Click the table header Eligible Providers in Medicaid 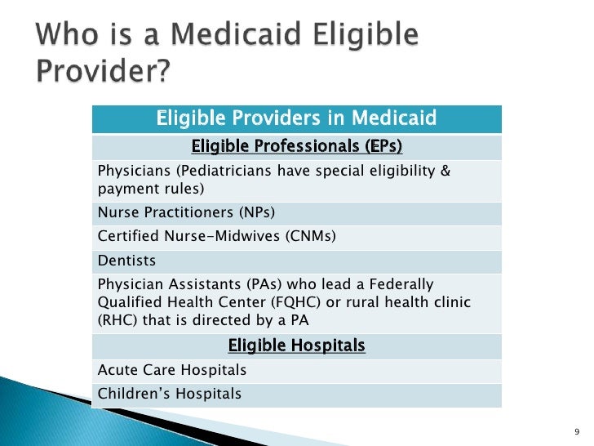pos(296,120)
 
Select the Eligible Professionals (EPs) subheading pos(296,147)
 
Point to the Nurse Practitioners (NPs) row pos(186,212)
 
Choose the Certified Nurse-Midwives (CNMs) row pos(216,237)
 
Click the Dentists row pos(126,261)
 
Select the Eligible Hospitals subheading pos(296,346)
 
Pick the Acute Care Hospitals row pos(172,370)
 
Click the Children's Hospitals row pos(170,394)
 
